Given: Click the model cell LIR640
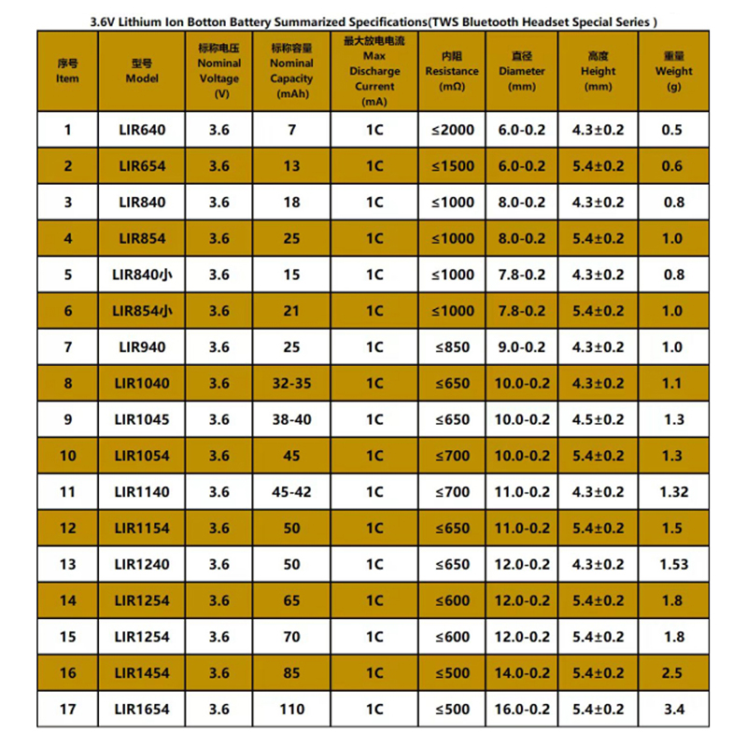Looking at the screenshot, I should pos(142,130).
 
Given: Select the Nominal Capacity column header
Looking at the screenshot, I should pos(291,70).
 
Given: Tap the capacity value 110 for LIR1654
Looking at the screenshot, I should pos(291,710).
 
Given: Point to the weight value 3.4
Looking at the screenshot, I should pos(673,710).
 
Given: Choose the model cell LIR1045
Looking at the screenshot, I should pos(142,420).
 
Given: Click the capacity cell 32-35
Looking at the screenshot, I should pos(291,384).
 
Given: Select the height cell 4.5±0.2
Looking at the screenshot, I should pos(598,420).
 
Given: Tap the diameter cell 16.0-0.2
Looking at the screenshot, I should pos(523,710).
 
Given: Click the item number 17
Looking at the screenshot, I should pos(67,710).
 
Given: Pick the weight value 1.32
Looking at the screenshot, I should pos(673,492).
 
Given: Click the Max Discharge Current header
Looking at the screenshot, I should pos(374,70).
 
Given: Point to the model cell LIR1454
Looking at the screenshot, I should pos(142,673).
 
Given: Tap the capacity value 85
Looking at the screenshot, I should pos(291,673).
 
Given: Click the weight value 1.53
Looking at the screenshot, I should pos(673,565).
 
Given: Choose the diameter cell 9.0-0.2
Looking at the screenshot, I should pos(523,347).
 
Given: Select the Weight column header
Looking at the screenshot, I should pos(673,70).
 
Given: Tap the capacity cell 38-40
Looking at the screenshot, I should pos(291,420).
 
